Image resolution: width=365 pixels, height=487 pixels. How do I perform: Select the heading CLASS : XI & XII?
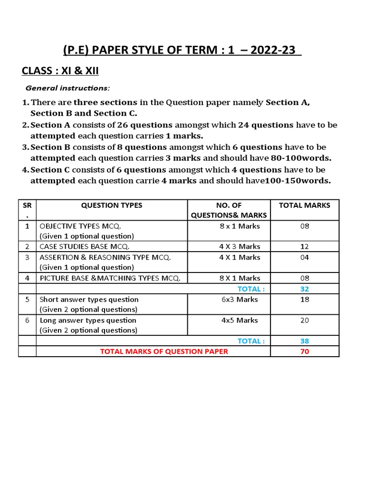[x=60, y=71]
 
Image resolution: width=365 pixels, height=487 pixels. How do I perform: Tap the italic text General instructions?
[x=67, y=88]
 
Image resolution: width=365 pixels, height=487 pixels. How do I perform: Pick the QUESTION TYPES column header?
[x=112, y=205]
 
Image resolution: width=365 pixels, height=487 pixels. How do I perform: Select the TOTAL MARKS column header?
[x=305, y=205]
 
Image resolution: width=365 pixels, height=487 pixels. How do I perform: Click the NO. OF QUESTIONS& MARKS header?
[x=229, y=210]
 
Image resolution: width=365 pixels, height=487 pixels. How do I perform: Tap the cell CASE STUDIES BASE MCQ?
[x=85, y=246]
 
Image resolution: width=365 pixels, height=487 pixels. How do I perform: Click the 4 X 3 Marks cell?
[x=240, y=246]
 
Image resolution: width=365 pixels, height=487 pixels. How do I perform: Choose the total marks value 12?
[x=305, y=246]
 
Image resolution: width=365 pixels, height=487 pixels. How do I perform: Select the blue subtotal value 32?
[x=305, y=289]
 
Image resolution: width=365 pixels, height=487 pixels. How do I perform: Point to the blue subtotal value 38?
[x=305, y=341]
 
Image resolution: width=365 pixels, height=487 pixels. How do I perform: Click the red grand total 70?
[x=305, y=351]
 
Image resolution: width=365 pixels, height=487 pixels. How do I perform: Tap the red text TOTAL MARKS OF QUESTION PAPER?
[x=164, y=351]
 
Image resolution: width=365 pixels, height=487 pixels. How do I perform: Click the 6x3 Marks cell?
[x=240, y=300]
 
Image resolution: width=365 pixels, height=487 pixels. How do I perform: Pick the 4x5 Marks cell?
[x=240, y=320]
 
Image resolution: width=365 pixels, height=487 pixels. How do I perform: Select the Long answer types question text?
[x=88, y=320]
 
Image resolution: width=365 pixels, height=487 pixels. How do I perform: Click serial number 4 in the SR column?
[x=27, y=278]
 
